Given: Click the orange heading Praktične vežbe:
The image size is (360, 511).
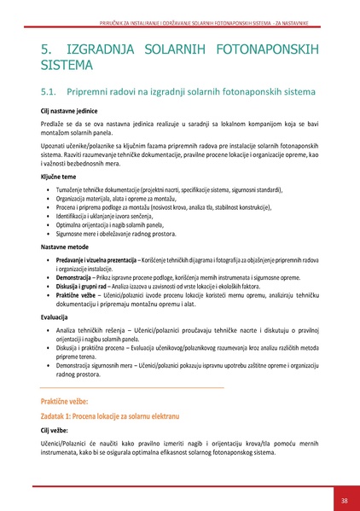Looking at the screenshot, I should (70, 400).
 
